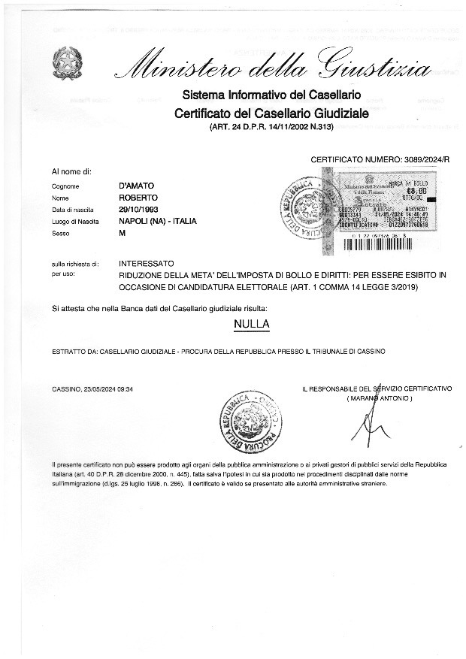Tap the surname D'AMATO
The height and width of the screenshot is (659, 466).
[135, 185]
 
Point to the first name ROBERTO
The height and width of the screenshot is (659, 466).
[138, 197]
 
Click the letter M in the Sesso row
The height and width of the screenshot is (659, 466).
[123, 234]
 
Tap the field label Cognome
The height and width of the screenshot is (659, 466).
[66, 186]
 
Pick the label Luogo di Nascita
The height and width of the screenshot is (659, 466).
[76, 222]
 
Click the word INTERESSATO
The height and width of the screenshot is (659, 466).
[146, 265]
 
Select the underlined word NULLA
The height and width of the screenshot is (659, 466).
[251, 325]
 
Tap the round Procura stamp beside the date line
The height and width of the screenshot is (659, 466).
[245, 425]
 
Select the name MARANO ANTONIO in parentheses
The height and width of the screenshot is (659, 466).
[380, 397]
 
